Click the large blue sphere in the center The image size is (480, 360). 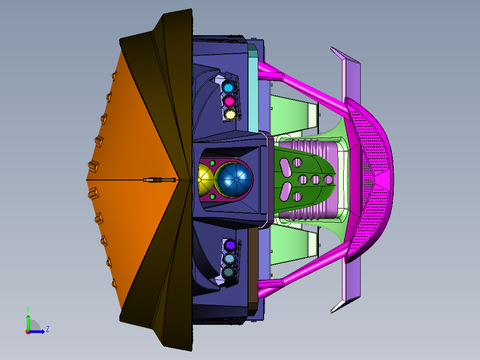(235, 180)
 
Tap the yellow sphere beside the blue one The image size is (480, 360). (205, 180)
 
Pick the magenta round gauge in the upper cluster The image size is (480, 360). (229, 101)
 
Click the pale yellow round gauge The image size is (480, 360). (230, 114)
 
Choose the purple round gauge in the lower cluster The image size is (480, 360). (230, 245)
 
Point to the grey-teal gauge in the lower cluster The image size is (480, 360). (228, 272)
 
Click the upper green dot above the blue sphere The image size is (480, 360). (212, 163)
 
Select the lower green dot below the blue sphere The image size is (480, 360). (212, 196)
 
